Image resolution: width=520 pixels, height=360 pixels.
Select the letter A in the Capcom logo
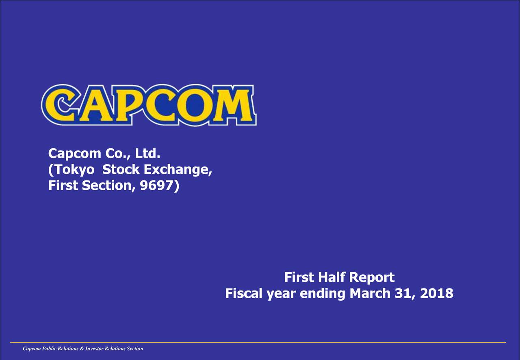click(x=94, y=106)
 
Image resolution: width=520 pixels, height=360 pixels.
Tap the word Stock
click(x=122, y=170)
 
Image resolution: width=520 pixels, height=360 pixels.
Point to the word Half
click(x=332, y=278)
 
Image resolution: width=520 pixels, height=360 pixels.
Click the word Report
click(x=372, y=278)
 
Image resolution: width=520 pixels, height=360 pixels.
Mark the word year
click(x=281, y=293)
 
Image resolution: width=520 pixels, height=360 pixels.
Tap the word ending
click(x=323, y=293)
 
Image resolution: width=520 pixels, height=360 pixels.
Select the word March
click(x=370, y=293)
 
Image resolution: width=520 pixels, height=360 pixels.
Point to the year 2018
click(x=437, y=293)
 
